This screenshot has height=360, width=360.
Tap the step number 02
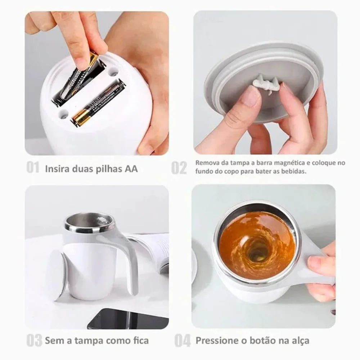pyautogui.click(x=179, y=168)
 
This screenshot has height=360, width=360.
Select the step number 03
pyautogui.click(x=34, y=340)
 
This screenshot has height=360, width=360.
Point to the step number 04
pyautogui.click(x=183, y=340)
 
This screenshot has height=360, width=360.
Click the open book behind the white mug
pyautogui.click(x=155, y=248)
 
